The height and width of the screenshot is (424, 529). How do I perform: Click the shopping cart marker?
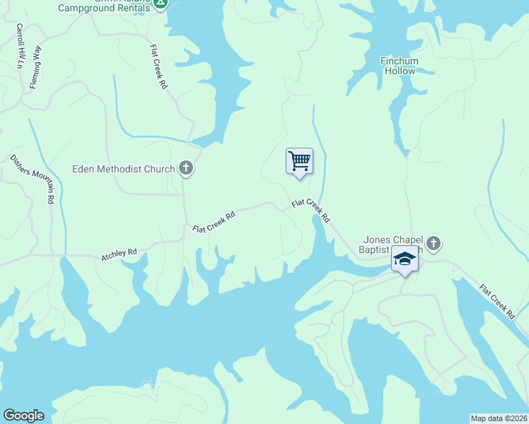[299, 161]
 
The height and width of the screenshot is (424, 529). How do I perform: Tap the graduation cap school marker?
[405, 260]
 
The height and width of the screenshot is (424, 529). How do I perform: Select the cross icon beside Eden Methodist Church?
[186, 168]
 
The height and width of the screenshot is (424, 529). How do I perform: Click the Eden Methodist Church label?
[124, 169]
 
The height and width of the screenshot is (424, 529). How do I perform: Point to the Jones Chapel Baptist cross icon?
[434, 244]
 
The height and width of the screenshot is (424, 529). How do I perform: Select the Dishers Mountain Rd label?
[32, 179]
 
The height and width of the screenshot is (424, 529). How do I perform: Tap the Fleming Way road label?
[35, 67]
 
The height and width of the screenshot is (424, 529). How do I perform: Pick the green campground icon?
[161, 4]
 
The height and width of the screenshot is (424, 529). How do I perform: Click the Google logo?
[23, 416]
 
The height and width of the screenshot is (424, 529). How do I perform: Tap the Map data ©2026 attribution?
[499, 418]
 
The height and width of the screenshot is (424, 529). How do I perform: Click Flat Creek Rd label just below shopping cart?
[311, 210]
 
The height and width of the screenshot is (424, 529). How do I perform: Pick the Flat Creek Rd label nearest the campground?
[158, 66]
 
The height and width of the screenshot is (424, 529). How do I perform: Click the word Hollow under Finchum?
[399, 71]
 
